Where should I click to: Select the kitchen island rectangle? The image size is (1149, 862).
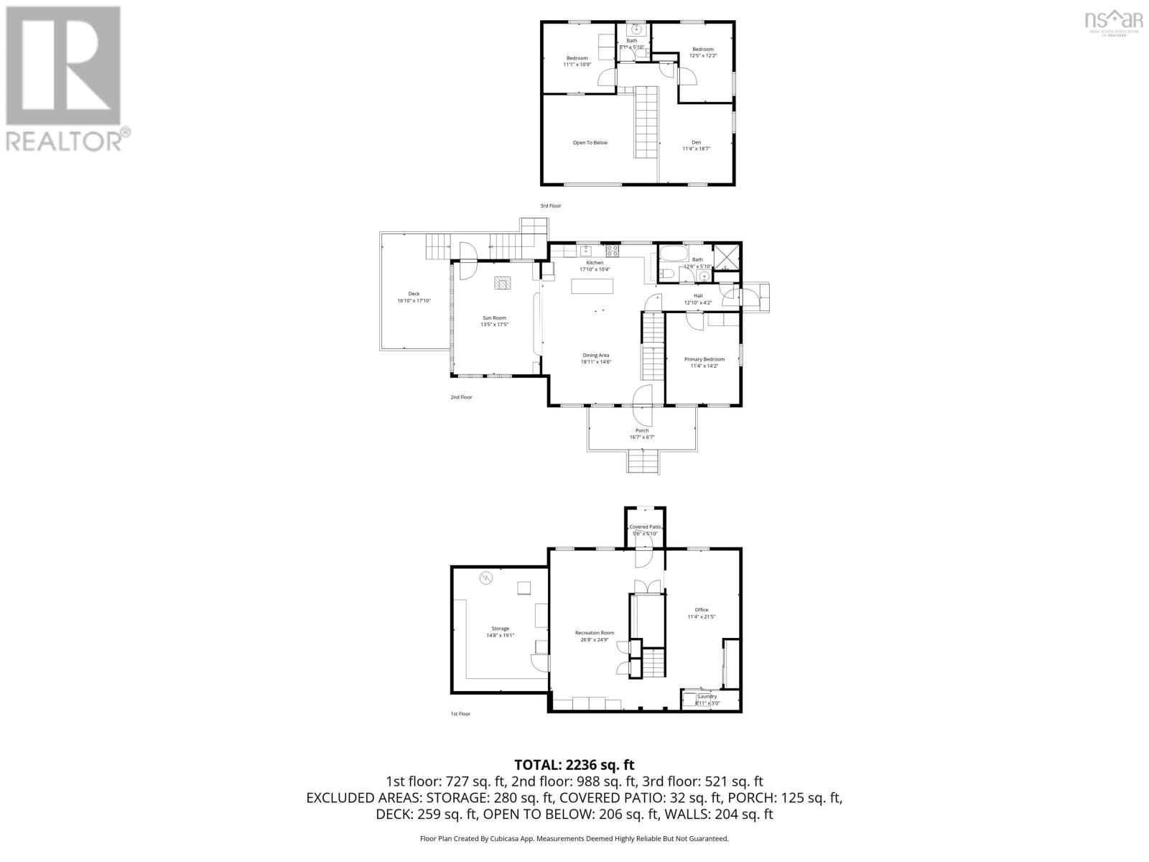pos(592,287)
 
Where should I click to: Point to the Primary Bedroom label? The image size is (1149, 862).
pos(704,359)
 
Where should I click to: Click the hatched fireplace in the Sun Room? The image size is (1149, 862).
pos(503,282)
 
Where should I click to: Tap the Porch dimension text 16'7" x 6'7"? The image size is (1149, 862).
pos(641,437)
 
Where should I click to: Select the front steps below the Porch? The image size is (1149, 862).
pos(643,461)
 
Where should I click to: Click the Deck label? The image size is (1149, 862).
pos(414,294)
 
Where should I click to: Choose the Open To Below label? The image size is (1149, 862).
pos(590,143)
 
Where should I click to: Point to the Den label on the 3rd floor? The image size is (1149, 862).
pos(696,142)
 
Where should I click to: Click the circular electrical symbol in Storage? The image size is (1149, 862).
pos(485,577)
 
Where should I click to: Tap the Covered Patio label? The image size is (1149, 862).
pos(644,527)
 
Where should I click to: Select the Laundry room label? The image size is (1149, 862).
pos(707,696)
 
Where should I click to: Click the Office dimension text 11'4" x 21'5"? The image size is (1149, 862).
pos(702,616)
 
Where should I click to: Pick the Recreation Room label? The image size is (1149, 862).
pos(595,633)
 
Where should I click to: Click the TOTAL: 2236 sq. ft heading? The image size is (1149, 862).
pos(574,765)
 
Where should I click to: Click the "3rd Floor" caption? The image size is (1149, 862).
pos(551,206)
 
